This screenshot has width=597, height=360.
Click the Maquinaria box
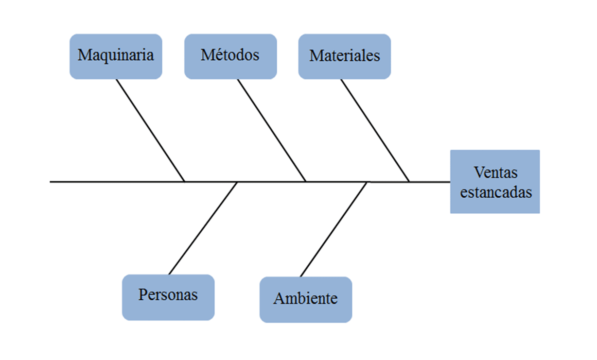click(x=116, y=56)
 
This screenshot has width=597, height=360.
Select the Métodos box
click(x=230, y=56)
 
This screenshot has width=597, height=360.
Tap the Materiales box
click(x=344, y=56)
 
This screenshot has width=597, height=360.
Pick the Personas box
click(x=168, y=297)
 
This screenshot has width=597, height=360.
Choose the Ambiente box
click(x=305, y=299)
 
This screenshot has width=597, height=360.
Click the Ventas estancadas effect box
click(x=495, y=182)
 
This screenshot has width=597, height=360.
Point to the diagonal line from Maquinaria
click(x=150, y=130)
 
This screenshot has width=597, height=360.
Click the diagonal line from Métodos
click(x=271, y=130)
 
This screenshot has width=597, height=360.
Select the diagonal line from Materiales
click(x=375, y=130)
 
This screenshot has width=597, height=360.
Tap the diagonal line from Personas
click(x=203, y=228)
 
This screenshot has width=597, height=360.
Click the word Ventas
click(x=495, y=172)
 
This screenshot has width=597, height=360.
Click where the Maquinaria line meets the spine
click(x=185, y=182)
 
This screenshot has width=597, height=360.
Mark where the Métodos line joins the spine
click(x=306, y=182)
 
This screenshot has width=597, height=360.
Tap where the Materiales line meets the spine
click(x=409, y=182)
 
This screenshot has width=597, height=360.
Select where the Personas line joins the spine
click(x=237, y=182)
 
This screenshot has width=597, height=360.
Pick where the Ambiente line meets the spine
click(x=368, y=182)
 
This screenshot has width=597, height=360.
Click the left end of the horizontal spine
click(x=51, y=182)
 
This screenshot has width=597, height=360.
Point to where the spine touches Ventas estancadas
click(x=450, y=182)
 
